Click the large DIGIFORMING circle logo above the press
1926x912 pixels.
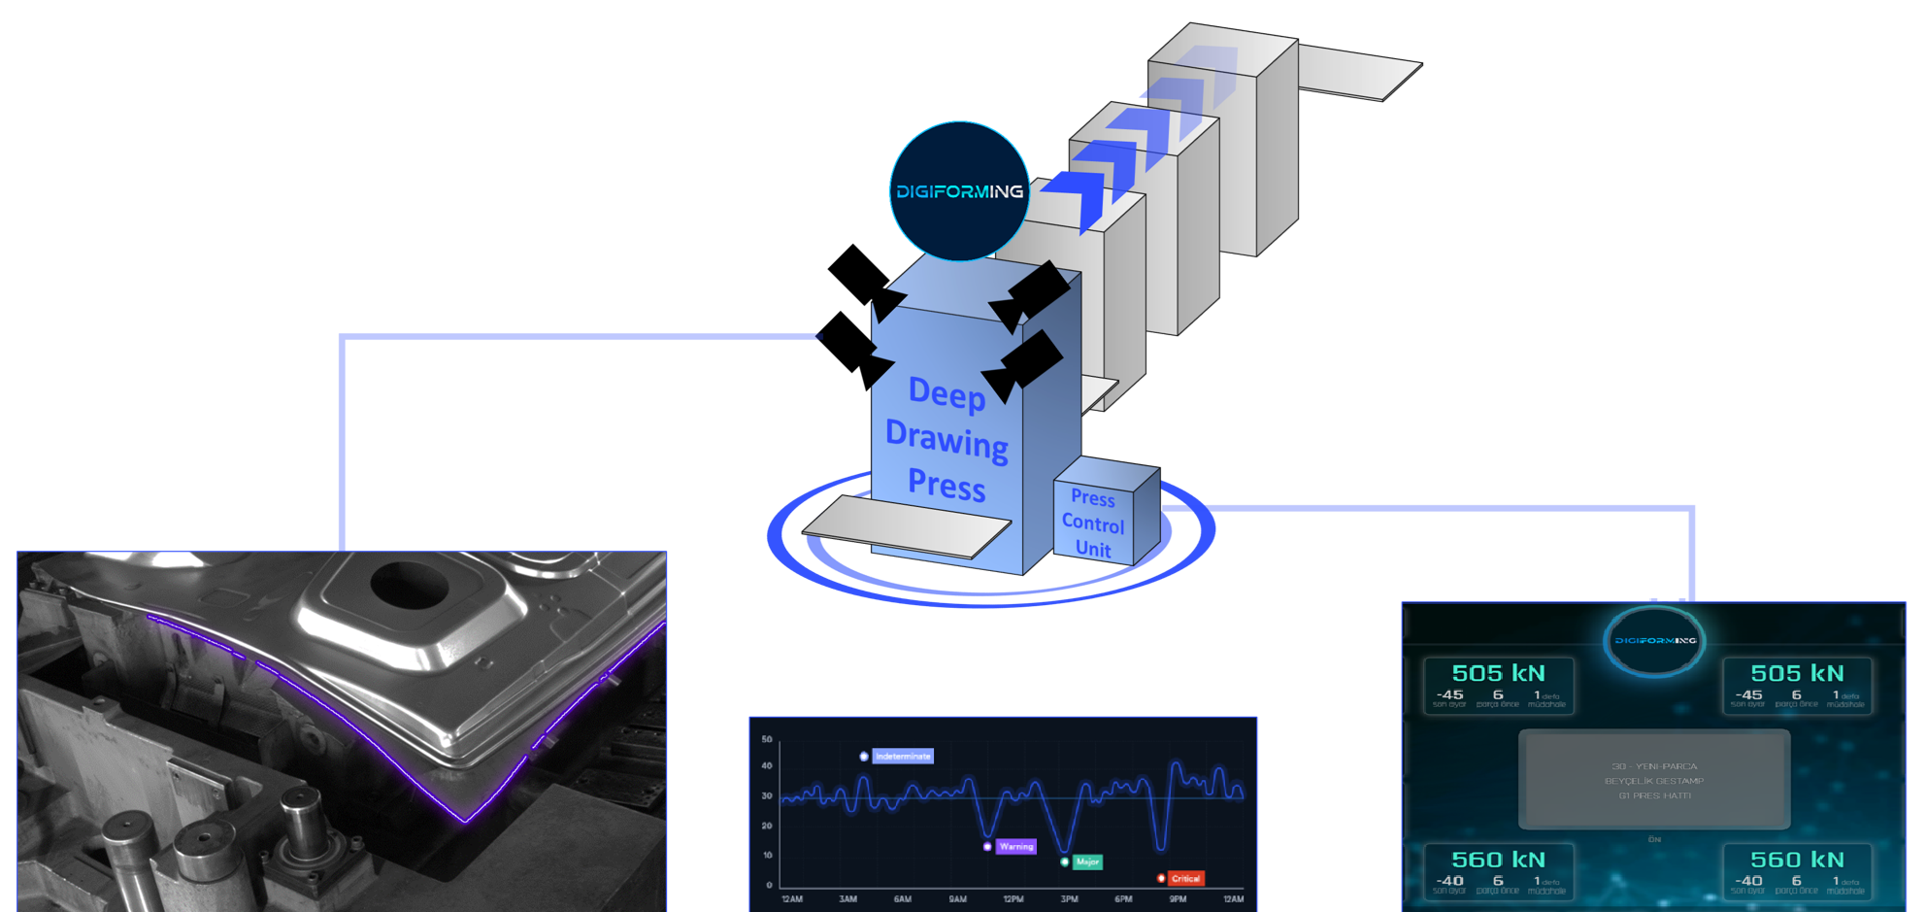click(x=959, y=191)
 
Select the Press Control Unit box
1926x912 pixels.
click(x=1093, y=524)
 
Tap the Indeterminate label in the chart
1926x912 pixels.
click(x=903, y=757)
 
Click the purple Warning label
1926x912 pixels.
click(x=1016, y=847)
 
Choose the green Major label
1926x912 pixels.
click(x=1088, y=862)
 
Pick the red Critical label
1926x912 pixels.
click(x=1185, y=879)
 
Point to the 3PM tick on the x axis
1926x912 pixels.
click(x=1070, y=899)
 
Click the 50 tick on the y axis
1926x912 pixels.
click(x=767, y=739)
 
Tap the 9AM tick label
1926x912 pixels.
click(x=958, y=899)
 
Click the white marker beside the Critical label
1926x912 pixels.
click(x=1161, y=879)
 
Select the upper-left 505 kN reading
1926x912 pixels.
click(x=1498, y=673)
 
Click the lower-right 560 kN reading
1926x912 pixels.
click(x=1797, y=860)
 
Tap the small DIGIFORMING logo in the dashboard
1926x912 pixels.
click(x=1654, y=641)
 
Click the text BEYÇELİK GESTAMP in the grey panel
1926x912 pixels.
click(x=1654, y=781)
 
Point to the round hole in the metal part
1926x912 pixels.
click(x=411, y=585)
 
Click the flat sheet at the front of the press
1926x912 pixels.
click(x=908, y=526)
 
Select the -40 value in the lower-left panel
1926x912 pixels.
click(x=1449, y=881)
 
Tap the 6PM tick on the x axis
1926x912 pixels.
click(x=1124, y=899)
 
